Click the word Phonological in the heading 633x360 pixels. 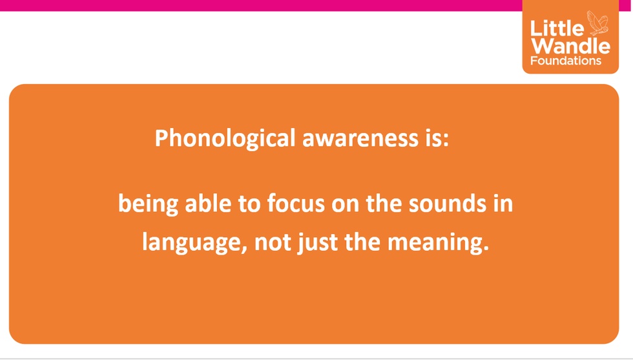pyautogui.click(x=225, y=138)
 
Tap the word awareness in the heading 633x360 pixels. pyautogui.click(x=360, y=138)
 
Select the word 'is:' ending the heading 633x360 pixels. pyautogui.click(x=437, y=138)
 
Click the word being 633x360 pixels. pyautogui.click(x=148, y=204)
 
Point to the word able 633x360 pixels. pyautogui.click(x=208, y=203)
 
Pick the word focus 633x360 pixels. pyautogui.click(x=296, y=203)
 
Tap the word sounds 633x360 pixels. pyautogui.click(x=447, y=203)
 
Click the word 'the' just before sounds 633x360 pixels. pyautogui.click(x=384, y=203)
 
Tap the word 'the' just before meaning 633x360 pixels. pyautogui.click(x=362, y=242)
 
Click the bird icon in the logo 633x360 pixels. pyautogui.click(x=597, y=23)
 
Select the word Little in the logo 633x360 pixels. pyautogui.click(x=557, y=28)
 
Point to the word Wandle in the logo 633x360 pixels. pyautogui.click(x=570, y=46)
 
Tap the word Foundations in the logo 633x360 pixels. pyautogui.click(x=566, y=61)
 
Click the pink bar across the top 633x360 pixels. pyautogui.click(x=261, y=5)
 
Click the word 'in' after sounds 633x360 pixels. pyautogui.click(x=503, y=203)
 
